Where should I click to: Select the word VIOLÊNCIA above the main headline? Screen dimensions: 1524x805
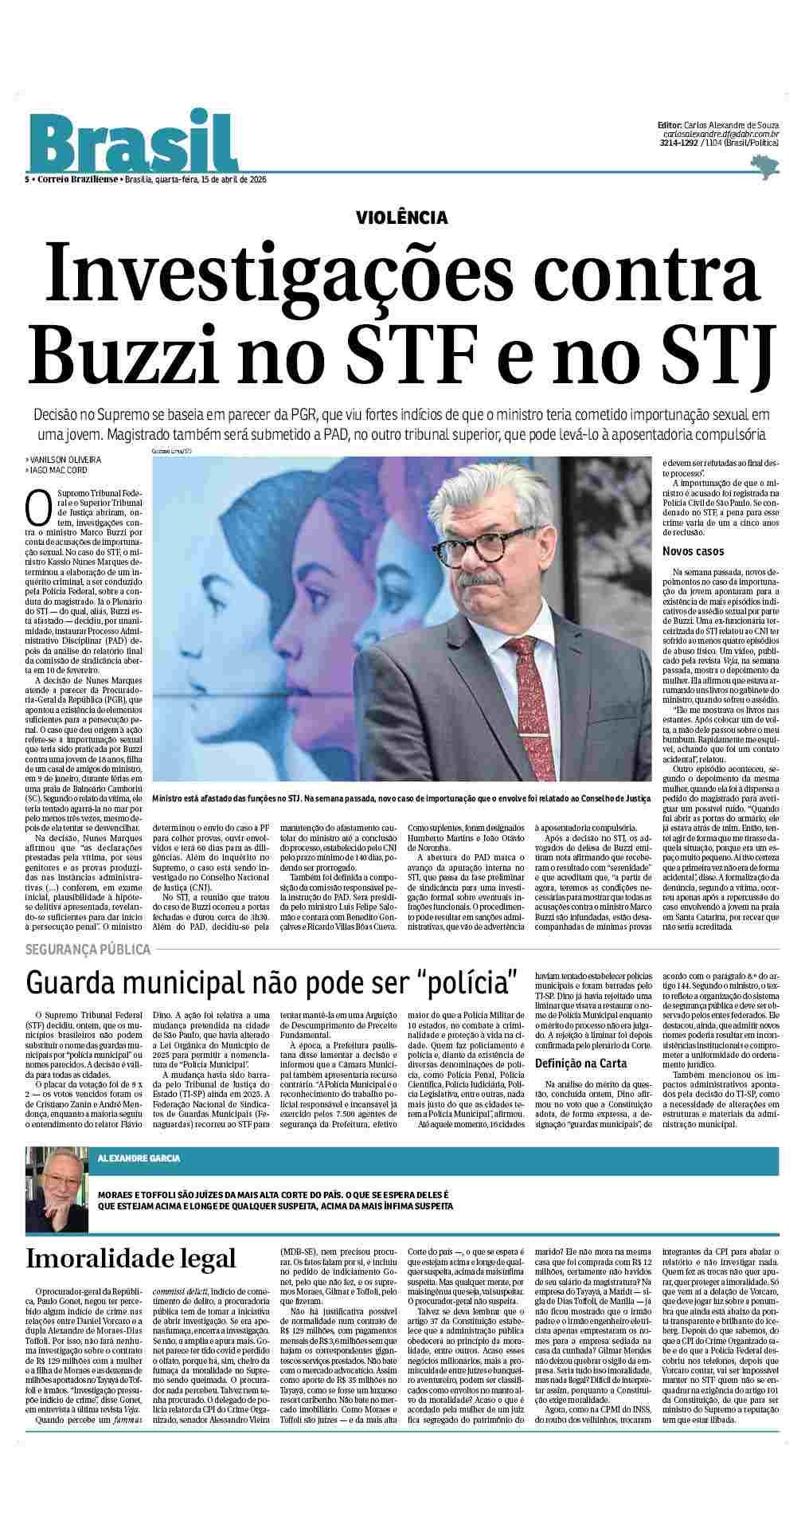(402, 217)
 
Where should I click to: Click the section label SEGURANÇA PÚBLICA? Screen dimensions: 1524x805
(88, 950)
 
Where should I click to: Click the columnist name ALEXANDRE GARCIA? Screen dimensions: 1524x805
(139, 1158)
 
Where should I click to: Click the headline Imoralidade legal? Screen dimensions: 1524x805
(131, 1259)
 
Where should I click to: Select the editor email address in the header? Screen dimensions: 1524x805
(720, 135)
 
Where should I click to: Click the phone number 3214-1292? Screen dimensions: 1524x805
(679, 143)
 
